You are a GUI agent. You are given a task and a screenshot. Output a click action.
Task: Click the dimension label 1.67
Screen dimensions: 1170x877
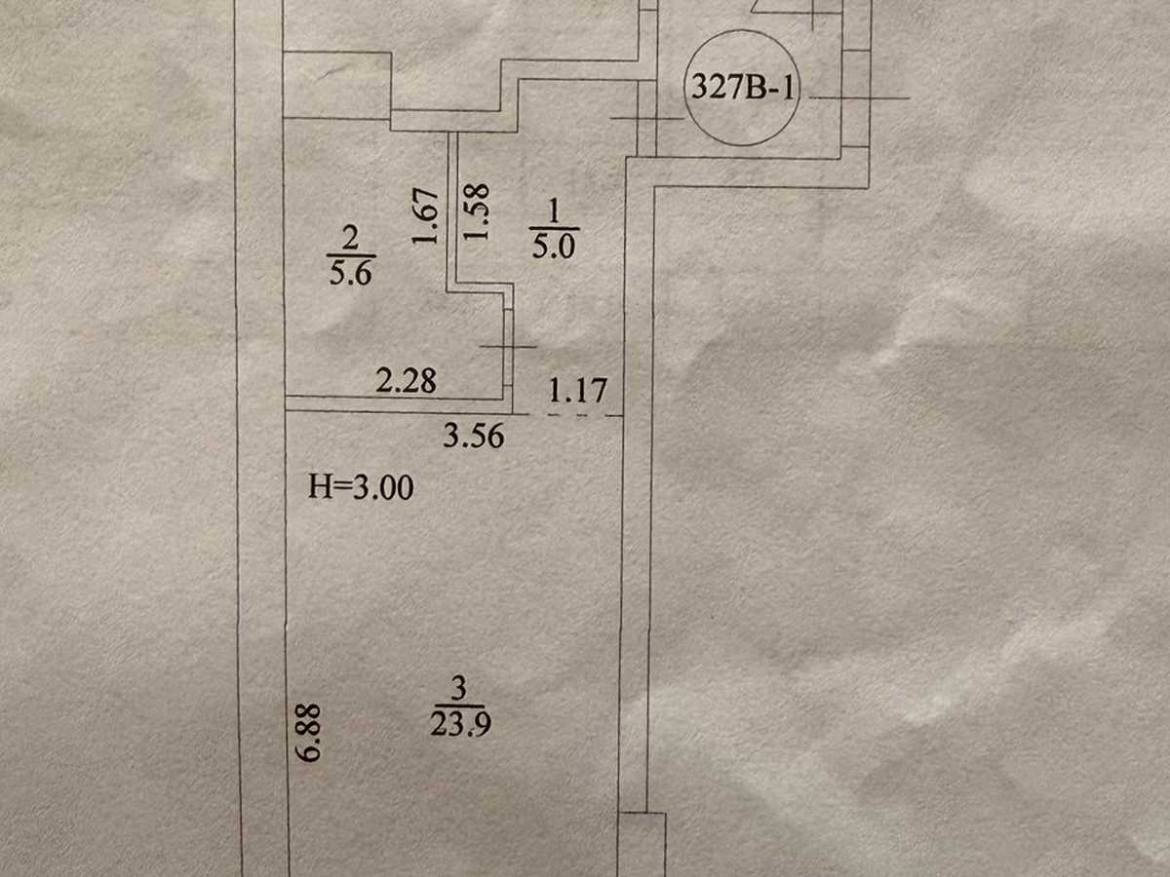click(426, 215)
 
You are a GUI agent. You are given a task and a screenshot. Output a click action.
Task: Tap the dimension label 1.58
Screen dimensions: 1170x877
click(476, 211)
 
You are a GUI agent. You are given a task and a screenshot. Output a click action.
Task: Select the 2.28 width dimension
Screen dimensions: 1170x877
click(407, 381)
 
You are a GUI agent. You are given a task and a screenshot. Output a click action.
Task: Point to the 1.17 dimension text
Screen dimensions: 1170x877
click(578, 391)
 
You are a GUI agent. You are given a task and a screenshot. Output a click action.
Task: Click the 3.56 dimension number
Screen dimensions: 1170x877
click(474, 437)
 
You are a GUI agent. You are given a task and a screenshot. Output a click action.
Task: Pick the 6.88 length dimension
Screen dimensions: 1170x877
click(308, 733)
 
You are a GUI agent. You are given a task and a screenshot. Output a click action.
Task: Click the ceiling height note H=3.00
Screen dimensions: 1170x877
click(361, 487)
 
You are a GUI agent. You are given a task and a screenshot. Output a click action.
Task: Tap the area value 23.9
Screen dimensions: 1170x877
click(460, 724)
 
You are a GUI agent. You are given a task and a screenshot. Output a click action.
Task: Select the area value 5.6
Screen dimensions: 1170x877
click(350, 273)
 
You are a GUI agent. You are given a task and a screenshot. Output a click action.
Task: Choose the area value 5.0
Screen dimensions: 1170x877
click(553, 248)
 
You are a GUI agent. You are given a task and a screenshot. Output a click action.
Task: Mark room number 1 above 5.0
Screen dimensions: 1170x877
click(553, 211)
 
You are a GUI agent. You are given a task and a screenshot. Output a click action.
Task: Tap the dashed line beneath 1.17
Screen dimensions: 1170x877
click(575, 415)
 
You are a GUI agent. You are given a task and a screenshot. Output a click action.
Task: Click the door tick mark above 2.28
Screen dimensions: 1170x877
click(508, 347)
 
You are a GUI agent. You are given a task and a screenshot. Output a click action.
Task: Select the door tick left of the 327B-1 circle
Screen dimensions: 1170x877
click(646, 118)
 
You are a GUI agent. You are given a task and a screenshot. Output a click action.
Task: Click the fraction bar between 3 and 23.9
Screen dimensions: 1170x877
click(459, 706)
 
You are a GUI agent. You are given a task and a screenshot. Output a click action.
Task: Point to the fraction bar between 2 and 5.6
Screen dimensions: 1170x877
click(351, 255)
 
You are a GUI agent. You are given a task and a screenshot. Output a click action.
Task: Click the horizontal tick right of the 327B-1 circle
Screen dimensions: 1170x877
click(859, 98)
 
